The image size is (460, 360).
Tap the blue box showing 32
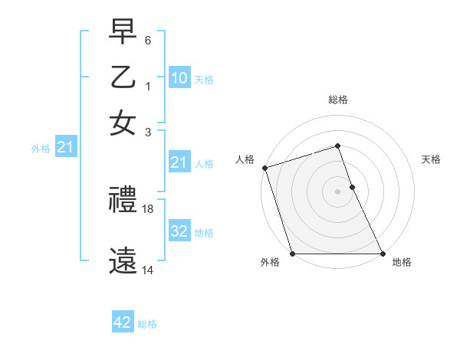[179, 231]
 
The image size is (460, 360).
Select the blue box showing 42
[122, 322]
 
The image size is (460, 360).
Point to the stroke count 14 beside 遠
[149, 270]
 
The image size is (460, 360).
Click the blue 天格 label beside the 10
[203, 79]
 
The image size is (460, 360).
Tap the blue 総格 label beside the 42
[147, 324]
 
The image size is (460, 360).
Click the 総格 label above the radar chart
[337, 100]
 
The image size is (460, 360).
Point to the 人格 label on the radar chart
[245, 159]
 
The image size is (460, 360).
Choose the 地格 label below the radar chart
[402, 263]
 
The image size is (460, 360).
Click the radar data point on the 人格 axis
[264, 168]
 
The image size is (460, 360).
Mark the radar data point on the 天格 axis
[352, 187]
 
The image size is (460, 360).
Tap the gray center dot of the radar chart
[337, 191]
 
